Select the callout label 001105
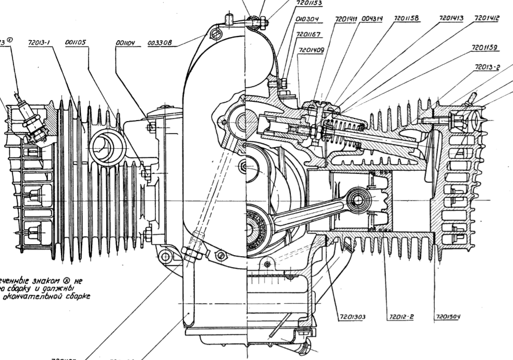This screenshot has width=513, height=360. tap(77, 44)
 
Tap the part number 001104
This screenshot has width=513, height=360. tap(125, 44)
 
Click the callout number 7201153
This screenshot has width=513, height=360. tap(309, 3)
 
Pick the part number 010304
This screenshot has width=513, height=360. tap(307, 19)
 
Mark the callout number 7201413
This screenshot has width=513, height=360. tap(451, 18)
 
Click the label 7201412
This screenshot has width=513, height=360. tap(487, 18)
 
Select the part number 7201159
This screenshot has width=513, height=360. tap(484, 47)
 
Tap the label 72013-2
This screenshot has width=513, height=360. tap(488, 67)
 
